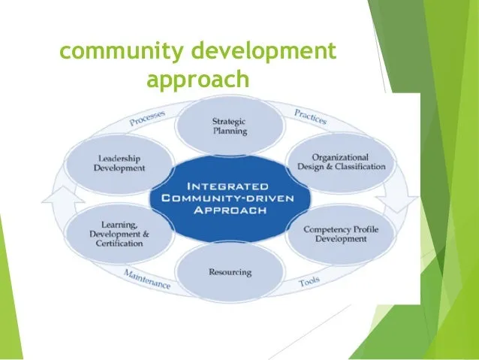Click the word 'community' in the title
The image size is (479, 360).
tap(122, 51)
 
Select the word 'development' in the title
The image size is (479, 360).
tap(264, 50)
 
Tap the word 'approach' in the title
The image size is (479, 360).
tap(198, 79)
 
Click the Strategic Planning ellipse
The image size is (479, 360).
tap(230, 126)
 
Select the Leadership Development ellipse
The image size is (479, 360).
tap(119, 164)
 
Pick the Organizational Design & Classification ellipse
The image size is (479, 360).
tap(341, 162)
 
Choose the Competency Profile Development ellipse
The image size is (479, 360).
tap(341, 234)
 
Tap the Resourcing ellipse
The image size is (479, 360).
tap(230, 271)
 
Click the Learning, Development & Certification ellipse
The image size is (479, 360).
tap(119, 234)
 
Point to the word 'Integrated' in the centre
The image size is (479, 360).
tap(227, 186)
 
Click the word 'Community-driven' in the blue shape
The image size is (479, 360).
tap(227, 198)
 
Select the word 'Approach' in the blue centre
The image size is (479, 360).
tap(230, 210)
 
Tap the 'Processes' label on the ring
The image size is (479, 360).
tap(147, 118)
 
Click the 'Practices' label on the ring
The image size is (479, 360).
tap(310, 116)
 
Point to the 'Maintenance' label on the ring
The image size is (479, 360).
tap(147, 280)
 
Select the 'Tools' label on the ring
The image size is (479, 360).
tap(309, 281)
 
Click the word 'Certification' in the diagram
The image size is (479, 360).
tap(119, 244)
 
